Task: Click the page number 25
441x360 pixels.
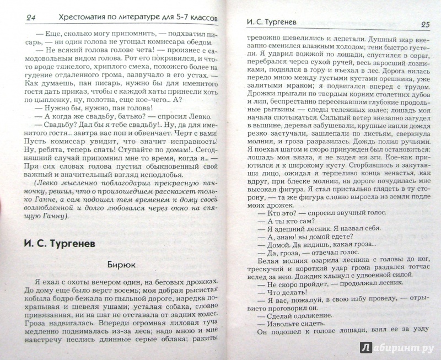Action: [424, 24]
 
